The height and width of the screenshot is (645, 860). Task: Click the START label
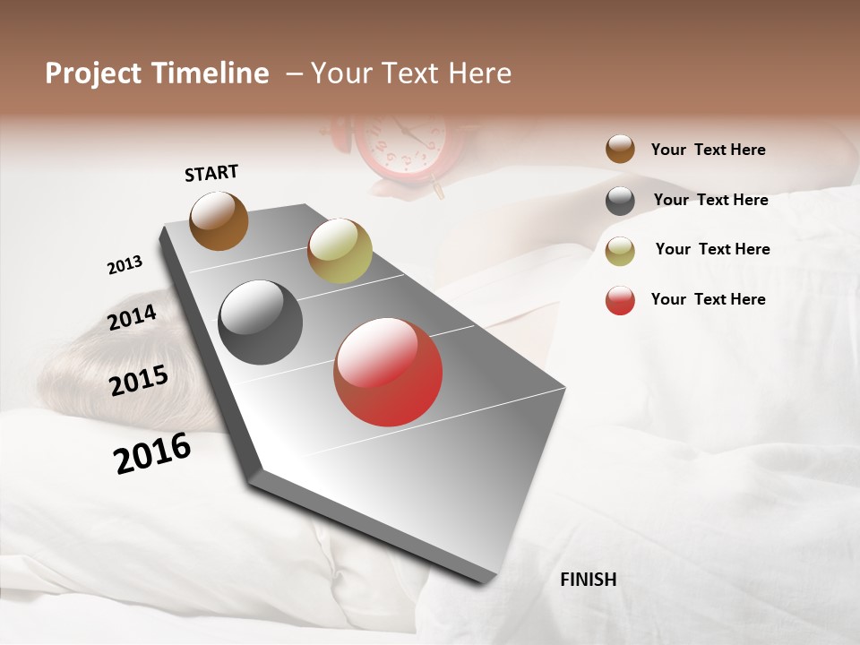click(211, 173)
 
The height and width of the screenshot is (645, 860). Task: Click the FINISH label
click(588, 580)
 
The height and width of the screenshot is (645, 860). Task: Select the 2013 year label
click(125, 265)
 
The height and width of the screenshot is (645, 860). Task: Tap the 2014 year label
click(132, 317)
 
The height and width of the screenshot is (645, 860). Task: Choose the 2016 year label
click(152, 452)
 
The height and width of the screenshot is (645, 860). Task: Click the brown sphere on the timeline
click(219, 220)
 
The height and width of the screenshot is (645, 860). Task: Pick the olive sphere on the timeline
click(340, 251)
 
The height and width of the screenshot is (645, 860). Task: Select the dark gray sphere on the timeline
click(260, 322)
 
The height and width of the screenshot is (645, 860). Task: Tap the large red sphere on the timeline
click(388, 372)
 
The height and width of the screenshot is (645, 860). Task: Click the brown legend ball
click(620, 149)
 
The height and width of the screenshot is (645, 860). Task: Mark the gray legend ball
click(620, 201)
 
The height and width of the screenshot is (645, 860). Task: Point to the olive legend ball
click(620, 251)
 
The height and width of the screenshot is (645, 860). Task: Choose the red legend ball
click(620, 300)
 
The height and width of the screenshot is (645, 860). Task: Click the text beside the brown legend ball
click(708, 150)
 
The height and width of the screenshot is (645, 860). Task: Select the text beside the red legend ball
click(708, 299)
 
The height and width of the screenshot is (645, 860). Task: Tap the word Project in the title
click(93, 74)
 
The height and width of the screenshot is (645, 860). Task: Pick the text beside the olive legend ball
click(712, 249)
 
